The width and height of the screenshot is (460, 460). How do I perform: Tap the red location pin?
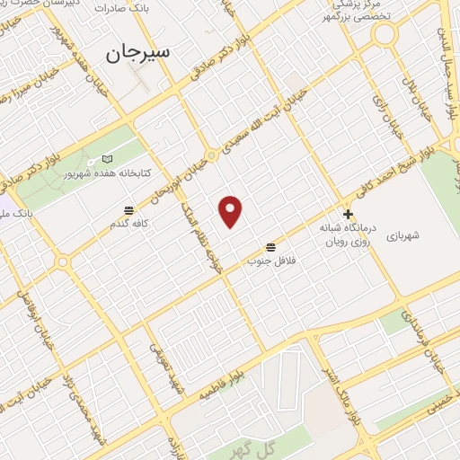[x=231, y=211]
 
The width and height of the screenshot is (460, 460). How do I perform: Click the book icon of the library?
[x=109, y=159]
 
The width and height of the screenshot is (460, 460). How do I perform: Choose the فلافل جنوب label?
[x=270, y=261]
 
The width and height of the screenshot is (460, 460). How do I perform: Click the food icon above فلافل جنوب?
[x=270, y=246]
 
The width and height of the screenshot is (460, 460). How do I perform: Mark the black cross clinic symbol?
[x=349, y=215]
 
